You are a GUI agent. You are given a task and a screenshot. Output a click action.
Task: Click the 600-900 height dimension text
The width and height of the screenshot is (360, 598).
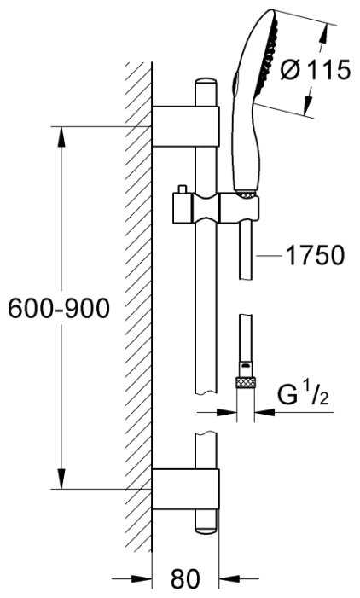(x=59, y=308)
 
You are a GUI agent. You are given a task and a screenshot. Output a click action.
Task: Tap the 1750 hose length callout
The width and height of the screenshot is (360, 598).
(x=315, y=255)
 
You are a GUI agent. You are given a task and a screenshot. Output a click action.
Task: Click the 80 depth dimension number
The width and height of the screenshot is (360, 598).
(x=185, y=578)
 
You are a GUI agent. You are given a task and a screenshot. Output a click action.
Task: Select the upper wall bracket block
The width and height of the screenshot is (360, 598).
(x=185, y=126)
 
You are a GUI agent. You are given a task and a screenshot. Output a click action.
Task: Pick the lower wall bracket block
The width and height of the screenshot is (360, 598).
(x=185, y=489)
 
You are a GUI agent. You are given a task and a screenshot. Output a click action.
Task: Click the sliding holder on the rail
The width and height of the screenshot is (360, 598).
(x=216, y=208)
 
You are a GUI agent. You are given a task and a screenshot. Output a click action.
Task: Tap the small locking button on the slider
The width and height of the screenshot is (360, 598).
(x=182, y=189)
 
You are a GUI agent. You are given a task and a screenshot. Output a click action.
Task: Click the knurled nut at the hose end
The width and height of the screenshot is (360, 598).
(x=245, y=382)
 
